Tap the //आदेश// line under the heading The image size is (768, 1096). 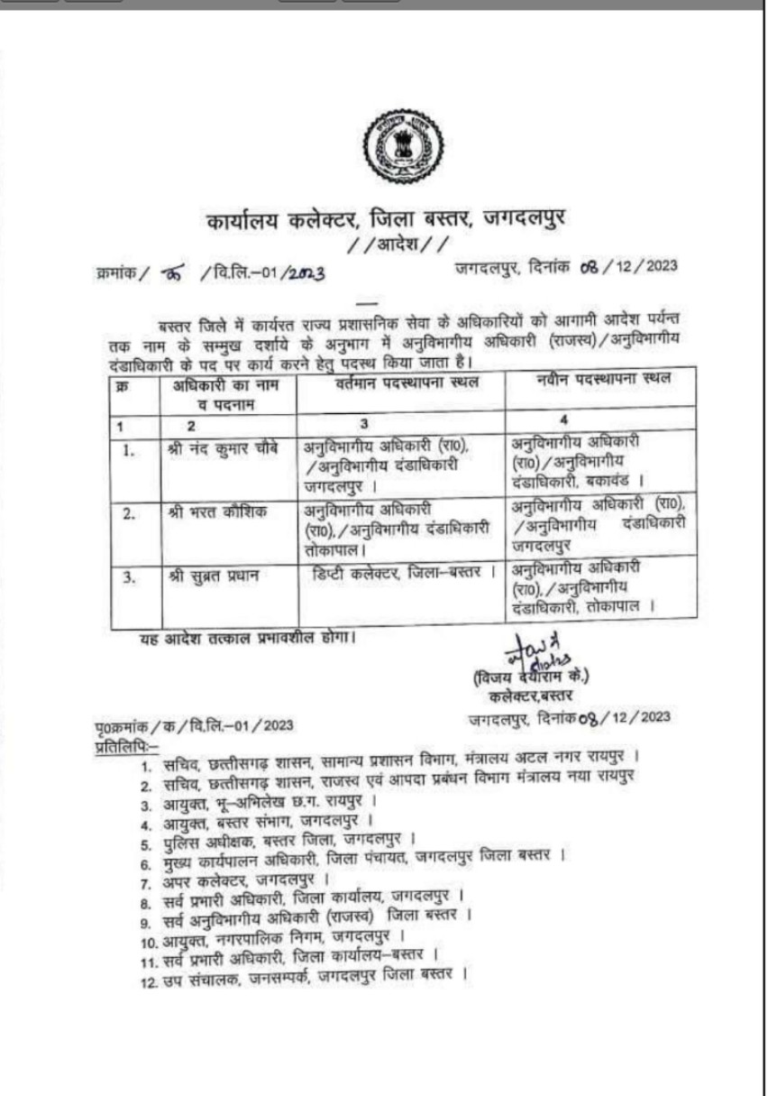[398, 244]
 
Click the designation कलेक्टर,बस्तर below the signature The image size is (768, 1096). [526, 695]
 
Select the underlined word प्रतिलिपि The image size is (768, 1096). [126, 747]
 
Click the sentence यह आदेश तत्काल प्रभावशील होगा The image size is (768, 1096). [245, 639]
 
